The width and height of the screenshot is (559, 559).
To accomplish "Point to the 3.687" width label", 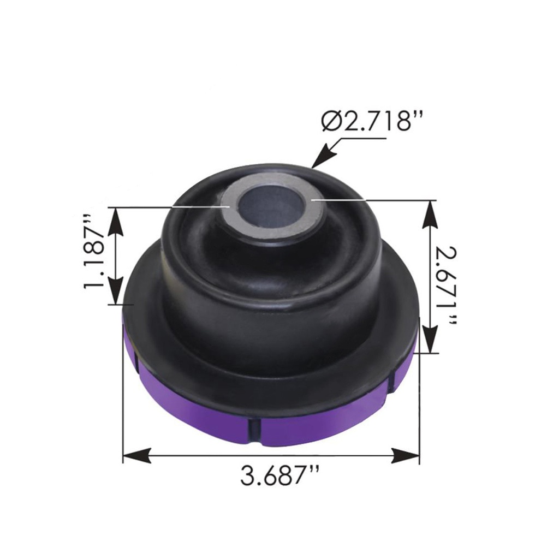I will click(x=279, y=476).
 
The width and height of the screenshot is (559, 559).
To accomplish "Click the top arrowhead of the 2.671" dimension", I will click(x=430, y=211).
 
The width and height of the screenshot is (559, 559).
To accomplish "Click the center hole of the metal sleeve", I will click(x=271, y=206).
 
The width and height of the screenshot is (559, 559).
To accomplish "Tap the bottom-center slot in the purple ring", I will click(x=255, y=429).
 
